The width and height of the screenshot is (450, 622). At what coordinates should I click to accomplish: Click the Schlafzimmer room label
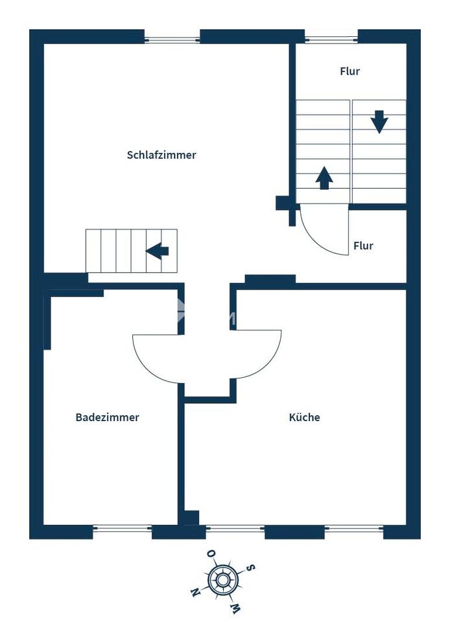click(x=161, y=155)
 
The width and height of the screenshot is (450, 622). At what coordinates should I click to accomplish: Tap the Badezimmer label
click(x=107, y=417)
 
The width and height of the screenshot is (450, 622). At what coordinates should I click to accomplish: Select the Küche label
click(x=304, y=417)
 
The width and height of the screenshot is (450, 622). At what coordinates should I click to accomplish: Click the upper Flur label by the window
click(x=350, y=71)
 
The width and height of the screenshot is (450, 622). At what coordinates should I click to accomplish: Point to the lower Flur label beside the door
click(x=364, y=246)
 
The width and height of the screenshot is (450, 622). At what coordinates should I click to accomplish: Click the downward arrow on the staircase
click(x=379, y=122)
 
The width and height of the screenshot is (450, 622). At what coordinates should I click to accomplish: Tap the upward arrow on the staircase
click(x=324, y=178)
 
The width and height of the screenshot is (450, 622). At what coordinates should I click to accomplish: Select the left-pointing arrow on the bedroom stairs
click(x=157, y=251)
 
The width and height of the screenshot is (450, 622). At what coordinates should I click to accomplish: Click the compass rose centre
click(x=223, y=580)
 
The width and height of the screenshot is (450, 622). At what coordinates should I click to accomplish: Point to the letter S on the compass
click(x=250, y=568)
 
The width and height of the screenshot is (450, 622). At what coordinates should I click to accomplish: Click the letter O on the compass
click(x=211, y=554)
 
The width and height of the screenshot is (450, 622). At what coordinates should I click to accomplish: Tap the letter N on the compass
click(x=195, y=592)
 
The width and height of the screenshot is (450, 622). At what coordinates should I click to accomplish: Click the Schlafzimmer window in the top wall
click(x=172, y=40)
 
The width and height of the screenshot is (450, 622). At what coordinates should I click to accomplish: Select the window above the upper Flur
click(x=331, y=40)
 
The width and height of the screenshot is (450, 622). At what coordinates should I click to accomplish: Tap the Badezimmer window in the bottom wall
click(x=122, y=529)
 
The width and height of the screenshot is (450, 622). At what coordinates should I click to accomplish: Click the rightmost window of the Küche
click(x=354, y=529)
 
